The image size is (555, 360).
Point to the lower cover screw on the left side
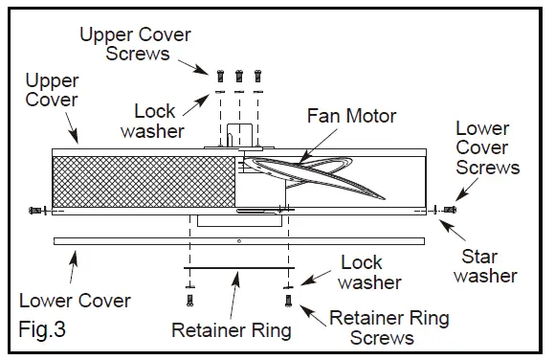click(36, 210)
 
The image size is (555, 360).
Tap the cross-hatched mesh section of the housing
click(144, 179)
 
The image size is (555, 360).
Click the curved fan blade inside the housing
click(325, 174)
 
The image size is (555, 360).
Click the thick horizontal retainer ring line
click(237, 269)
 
